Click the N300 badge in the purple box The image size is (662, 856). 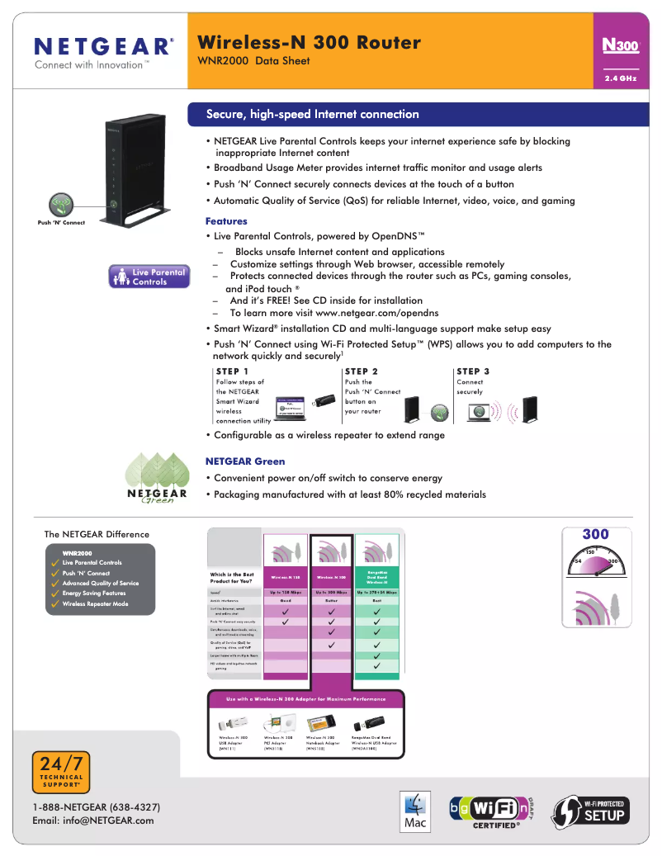(x=621, y=46)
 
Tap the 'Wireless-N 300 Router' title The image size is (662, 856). (x=310, y=42)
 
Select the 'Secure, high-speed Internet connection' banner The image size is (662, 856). (x=312, y=114)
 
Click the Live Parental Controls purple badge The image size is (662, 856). (x=149, y=277)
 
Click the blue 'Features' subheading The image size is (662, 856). (x=226, y=221)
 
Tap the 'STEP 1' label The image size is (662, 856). (x=232, y=371)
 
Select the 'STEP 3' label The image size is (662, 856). (x=473, y=371)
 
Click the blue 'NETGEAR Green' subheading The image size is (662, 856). (x=245, y=461)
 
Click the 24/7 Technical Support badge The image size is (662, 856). (x=62, y=773)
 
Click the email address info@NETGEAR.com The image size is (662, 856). (x=93, y=821)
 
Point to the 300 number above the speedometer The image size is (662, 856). (x=595, y=534)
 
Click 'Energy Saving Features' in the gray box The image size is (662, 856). (x=94, y=594)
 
